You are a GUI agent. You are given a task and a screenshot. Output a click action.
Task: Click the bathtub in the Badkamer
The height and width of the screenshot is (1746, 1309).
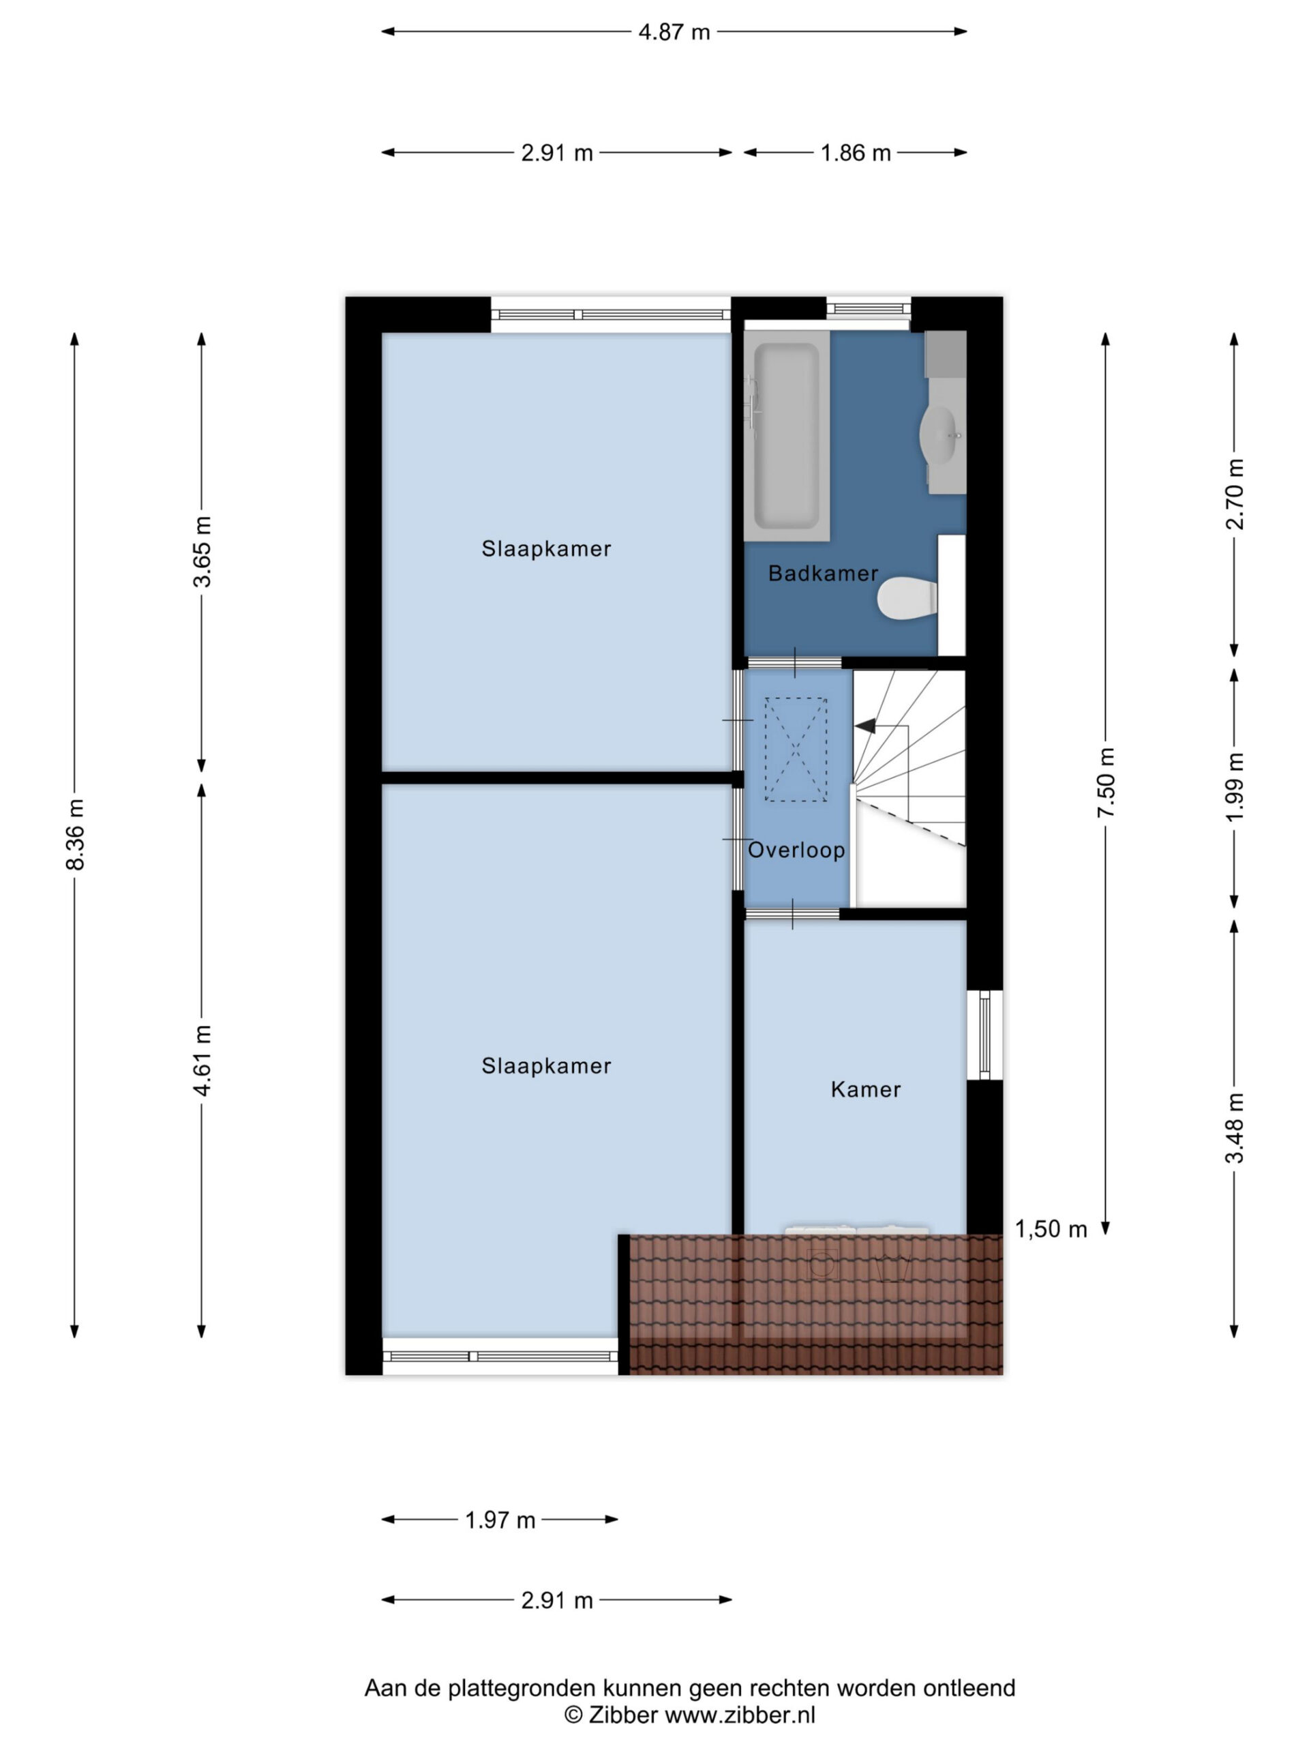(786, 435)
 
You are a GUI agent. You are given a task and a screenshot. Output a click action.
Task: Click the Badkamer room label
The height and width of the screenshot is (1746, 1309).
(823, 574)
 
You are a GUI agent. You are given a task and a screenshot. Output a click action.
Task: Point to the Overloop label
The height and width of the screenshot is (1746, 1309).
(796, 850)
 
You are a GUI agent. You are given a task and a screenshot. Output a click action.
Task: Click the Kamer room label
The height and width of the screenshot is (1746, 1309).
(866, 1089)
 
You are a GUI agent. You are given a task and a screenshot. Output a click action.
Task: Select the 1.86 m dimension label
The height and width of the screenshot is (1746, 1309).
(856, 152)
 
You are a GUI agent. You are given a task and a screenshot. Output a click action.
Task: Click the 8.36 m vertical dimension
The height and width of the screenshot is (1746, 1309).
(75, 833)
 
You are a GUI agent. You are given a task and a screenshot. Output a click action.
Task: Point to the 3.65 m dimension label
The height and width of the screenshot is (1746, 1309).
(202, 552)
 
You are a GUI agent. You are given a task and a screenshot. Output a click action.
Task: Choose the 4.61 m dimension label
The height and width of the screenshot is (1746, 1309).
(202, 1060)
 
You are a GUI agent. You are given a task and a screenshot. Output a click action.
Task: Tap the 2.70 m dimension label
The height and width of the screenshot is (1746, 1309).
(1235, 494)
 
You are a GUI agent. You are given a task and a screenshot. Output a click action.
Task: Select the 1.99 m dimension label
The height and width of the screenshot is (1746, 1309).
(1235, 787)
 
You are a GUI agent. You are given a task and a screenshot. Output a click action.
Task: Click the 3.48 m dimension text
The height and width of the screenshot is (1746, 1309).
(1235, 1128)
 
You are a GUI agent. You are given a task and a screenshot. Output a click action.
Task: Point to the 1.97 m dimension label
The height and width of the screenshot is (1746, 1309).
(500, 1520)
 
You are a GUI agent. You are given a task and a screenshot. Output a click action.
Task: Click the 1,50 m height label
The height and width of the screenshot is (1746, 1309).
(1050, 1229)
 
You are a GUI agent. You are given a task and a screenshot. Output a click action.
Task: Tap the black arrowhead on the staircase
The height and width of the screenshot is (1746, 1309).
(864, 726)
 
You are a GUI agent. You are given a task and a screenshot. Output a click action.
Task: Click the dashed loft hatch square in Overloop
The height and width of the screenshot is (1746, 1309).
(796, 749)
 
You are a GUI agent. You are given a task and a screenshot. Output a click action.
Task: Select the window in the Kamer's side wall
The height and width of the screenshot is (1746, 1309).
(984, 1035)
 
